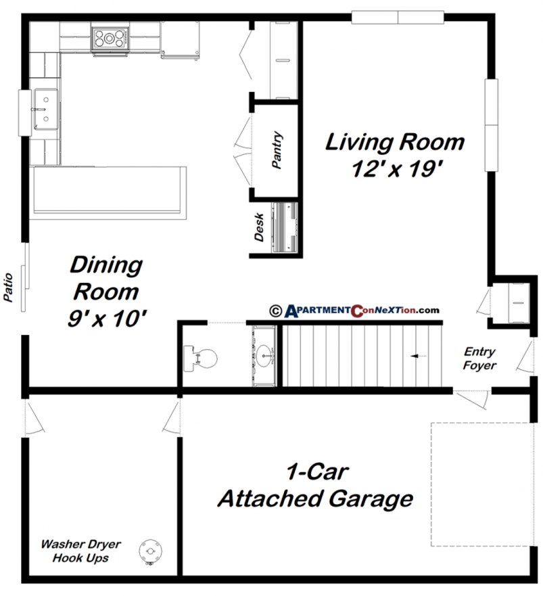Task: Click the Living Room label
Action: coord(395,154)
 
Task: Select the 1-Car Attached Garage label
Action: coord(314,486)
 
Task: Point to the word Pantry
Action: coord(277,151)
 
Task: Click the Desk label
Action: coord(259,228)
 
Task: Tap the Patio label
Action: coord(9,288)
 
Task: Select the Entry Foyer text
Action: coord(479,359)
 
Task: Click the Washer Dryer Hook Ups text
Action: coord(79,550)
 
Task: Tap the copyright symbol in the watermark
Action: coord(275,311)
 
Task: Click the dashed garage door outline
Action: coord(481,484)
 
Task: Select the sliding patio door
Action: coord(25,277)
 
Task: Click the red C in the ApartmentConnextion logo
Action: coord(356,311)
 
